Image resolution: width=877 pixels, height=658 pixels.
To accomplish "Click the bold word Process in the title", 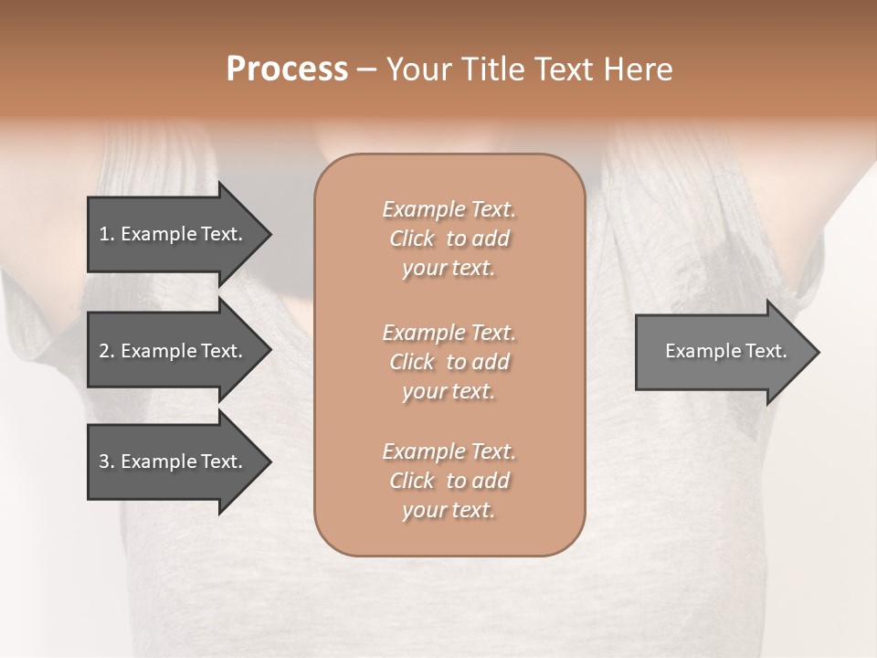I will coord(287,69).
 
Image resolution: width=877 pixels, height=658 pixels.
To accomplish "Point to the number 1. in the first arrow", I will coord(106,234).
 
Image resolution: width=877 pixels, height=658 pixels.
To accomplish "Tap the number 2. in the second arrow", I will coord(106,351).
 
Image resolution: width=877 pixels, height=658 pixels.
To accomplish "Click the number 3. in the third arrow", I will coord(106,462).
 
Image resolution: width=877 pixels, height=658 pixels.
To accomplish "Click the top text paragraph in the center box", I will coord(449,239).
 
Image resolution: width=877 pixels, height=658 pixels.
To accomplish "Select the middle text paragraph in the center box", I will coord(449,362).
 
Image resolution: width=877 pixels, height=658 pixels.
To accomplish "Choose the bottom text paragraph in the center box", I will coord(449,481).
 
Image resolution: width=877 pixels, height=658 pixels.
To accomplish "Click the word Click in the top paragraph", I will coord(412,239).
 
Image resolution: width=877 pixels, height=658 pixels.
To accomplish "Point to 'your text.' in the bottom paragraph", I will coord(449,510).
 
